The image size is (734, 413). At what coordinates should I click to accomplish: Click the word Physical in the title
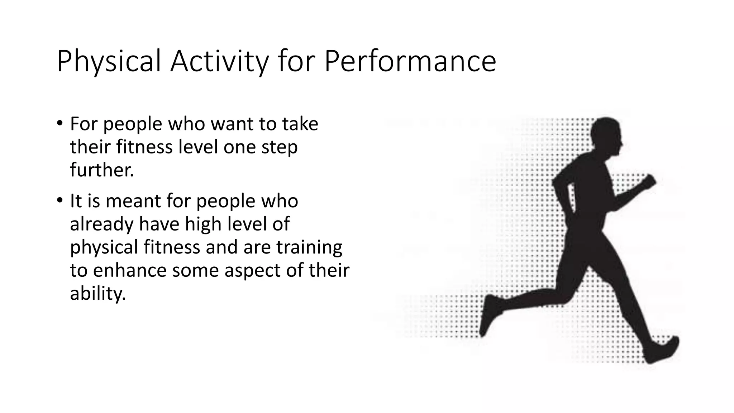pos(109,62)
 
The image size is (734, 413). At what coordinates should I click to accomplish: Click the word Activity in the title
pos(219,62)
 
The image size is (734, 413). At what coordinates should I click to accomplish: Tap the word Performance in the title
pos(410,62)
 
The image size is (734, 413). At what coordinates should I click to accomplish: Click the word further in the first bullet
pos(101,170)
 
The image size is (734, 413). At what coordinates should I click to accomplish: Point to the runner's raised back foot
pos(490,315)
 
